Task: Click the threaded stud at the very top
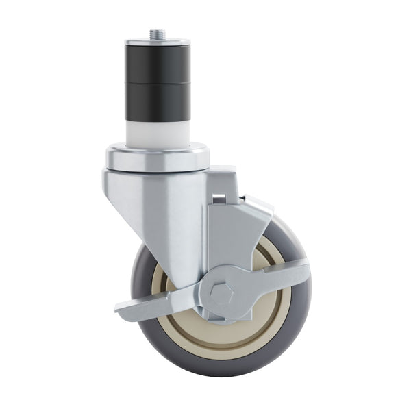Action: point(158,34)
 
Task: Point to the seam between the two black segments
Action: point(158,83)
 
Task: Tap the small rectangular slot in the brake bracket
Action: point(219,199)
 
